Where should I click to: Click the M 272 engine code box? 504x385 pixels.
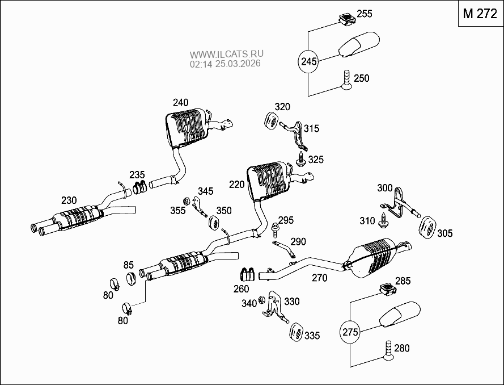tap(480, 14)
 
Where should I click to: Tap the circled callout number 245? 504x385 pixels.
tap(308, 61)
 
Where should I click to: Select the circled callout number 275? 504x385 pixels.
tap(350, 332)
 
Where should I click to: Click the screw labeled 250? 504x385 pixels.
tap(346, 80)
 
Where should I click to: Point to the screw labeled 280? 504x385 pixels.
tap(388, 350)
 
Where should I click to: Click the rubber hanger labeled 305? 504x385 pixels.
tap(427, 228)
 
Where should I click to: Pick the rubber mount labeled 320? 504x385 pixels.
tap(271, 122)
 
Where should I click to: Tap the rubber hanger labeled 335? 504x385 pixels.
tap(297, 333)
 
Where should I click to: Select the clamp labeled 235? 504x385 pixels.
tap(140, 187)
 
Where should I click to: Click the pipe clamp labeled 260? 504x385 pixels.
tap(248, 274)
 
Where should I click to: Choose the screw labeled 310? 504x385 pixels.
tap(383, 220)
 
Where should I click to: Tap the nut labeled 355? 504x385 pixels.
tap(186, 201)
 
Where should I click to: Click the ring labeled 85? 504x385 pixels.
tap(131, 278)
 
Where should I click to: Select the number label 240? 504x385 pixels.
tap(181, 102)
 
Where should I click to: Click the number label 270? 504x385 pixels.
tap(320, 278)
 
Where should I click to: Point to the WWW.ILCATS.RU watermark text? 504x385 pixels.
tap(227, 54)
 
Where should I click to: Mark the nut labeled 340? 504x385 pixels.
tap(261, 300)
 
